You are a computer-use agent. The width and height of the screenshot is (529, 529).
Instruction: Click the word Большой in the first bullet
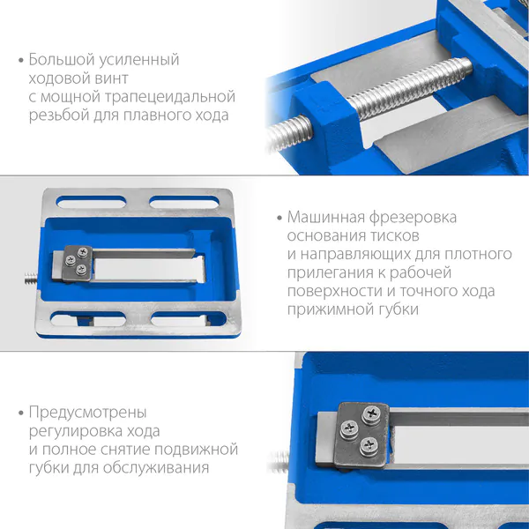coord(62,60)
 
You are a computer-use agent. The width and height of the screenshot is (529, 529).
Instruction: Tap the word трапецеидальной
coord(170,97)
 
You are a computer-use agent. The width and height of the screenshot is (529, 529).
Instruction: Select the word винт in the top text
coord(112,78)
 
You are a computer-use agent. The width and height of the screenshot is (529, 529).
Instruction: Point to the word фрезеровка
coord(413,218)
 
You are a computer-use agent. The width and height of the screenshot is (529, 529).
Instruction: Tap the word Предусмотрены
coord(87,413)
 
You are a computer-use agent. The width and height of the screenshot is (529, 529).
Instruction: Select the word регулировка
coord(75,431)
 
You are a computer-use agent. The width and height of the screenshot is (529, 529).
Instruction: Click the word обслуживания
coord(156,468)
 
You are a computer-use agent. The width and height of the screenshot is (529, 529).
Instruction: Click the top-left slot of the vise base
coord(91,202)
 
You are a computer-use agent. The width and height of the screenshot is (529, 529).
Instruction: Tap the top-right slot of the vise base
coord(184,202)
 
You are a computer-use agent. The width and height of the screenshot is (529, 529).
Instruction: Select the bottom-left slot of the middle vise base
coord(88,319)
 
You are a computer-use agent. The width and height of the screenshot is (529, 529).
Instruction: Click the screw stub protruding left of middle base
coord(31,279)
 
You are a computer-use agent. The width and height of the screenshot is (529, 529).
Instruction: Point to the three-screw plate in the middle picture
coord(78,263)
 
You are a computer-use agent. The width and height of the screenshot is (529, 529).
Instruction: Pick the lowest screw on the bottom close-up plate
coord(369,446)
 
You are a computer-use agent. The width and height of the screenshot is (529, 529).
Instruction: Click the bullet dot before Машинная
coord(279,218)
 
